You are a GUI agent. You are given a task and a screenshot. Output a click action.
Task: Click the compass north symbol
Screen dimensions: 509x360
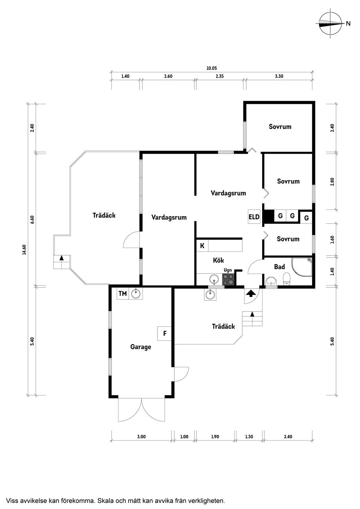[331, 24]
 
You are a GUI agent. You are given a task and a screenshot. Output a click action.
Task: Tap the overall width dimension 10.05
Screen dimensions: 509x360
[211, 68]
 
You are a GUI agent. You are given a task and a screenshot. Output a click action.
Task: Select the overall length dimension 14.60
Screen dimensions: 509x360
[24, 250]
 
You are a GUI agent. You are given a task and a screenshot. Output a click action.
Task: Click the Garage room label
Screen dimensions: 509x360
[141, 347]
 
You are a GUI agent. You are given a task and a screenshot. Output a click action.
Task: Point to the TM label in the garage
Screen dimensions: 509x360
[123, 293]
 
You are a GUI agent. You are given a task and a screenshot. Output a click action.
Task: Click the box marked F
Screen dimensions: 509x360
[165, 333]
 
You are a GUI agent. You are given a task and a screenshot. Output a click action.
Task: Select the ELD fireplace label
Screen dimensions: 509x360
[254, 217]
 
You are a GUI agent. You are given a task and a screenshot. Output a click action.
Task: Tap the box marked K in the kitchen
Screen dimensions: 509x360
[202, 246]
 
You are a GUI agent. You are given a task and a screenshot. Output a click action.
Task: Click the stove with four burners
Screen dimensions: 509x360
[228, 280]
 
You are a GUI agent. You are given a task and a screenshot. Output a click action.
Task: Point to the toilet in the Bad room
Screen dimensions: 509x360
[287, 278]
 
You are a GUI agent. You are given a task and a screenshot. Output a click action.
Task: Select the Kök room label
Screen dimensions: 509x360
[218, 260]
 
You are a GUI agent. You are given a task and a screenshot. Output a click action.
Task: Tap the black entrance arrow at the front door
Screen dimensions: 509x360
[250, 293]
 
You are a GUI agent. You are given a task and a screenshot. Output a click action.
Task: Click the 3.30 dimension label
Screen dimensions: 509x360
[279, 76]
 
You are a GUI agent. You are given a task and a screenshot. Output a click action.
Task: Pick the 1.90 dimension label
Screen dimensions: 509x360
[215, 437]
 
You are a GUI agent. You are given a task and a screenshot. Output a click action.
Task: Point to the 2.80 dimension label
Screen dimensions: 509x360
[332, 181]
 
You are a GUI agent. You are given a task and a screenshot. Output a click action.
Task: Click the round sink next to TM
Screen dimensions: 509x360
[136, 293]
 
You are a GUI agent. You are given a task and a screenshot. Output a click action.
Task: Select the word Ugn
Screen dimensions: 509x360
[228, 270]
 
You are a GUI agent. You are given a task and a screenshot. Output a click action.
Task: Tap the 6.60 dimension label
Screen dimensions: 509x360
[32, 220]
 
